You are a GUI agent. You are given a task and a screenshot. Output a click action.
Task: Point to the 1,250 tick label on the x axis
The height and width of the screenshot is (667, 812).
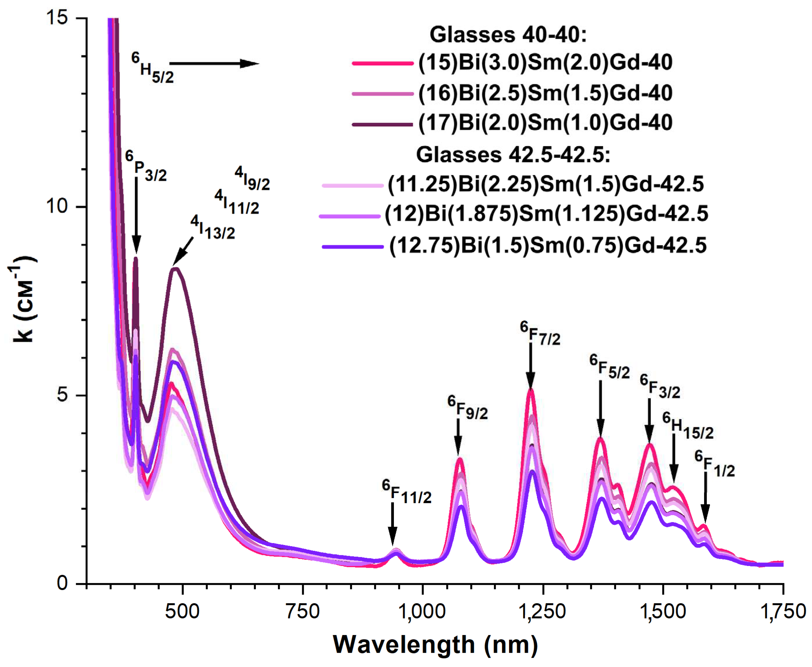pyautogui.click(x=542, y=611)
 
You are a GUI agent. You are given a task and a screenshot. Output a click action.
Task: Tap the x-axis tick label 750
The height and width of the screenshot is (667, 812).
pyautogui.click(x=303, y=611)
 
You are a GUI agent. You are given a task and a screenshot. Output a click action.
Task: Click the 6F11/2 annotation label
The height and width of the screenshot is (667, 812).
pyautogui.click(x=406, y=492)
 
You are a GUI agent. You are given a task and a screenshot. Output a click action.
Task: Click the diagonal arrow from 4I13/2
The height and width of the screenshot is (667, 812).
pyautogui.click(x=183, y=252)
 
